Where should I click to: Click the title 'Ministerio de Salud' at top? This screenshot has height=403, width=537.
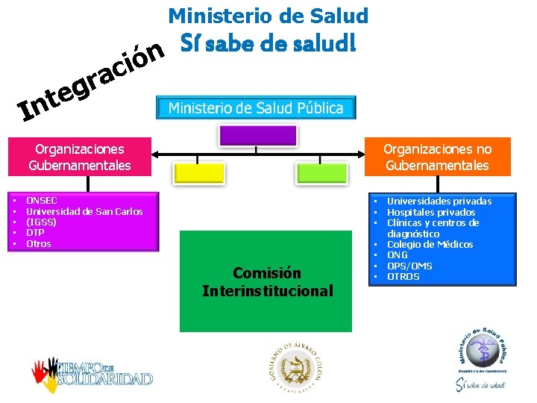(x=268, y=15)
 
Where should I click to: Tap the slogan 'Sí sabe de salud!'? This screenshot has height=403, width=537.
(x=268, y=45)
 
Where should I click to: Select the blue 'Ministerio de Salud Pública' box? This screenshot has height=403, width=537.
(x=256, y=107)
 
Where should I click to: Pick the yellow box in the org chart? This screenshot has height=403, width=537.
(x=198, y=172)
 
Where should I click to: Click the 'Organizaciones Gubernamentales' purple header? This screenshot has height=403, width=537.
(x=79, y=157)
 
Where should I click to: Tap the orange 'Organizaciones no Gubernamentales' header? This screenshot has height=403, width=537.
(x=437, y=157)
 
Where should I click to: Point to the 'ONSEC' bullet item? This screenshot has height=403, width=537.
(x=42, y=201)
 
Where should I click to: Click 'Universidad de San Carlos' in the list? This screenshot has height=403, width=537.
(x=84, y=211)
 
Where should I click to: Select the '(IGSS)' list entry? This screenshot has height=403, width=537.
(x=41, y=222)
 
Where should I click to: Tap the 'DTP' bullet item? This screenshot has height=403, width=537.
(x=36, y=233)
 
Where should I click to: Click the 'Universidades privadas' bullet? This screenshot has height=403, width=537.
(x=439, y=201)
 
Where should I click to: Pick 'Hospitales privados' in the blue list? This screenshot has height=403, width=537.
(x=431, y=212)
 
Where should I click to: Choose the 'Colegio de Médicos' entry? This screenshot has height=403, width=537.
(x=430, y=244)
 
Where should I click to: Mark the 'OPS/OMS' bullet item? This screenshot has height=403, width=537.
(x=409, y=266)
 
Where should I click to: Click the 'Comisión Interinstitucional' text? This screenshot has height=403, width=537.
(x=267, y=282)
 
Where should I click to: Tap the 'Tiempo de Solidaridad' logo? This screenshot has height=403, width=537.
(x=91, y=371)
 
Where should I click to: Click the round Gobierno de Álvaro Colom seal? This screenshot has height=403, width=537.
(x=298, y=366)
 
